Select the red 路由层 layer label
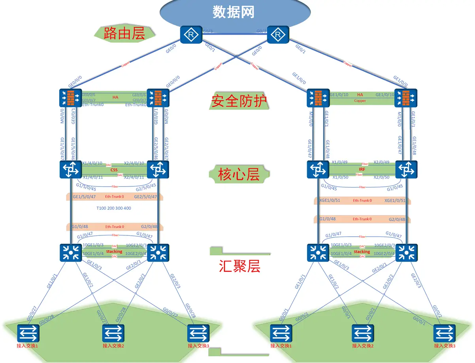point(124,33)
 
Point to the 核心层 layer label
point(239,174)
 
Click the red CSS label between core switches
point(114,170)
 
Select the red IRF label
point(362,169)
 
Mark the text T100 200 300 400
point(114,208)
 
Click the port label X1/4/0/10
point(92,163)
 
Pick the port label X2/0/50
point(381,177)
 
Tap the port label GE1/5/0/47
point(84,196)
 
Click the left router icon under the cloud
point(191,35)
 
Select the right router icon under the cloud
point(278,35)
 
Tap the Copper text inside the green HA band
point(360,101)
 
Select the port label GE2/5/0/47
point(145,196)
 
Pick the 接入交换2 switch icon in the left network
point(113,333)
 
